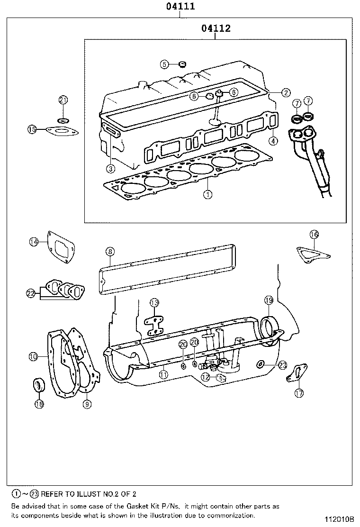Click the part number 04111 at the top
point(180,7)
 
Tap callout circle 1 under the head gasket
point(207,194)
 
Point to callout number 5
point(164,64)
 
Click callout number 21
point(63,100)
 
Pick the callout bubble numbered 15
point(32,129)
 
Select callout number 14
point(33,242)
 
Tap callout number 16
point(314,234)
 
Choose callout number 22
point(31,293)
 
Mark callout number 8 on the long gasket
point(109,251)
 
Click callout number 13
point(154,302)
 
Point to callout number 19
point(269,300)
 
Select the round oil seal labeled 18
point(38,385)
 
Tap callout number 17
point(299,393)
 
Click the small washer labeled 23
point(261,364)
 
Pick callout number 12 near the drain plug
point(205,377)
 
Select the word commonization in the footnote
point(232,515)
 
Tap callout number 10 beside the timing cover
point(33,355)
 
